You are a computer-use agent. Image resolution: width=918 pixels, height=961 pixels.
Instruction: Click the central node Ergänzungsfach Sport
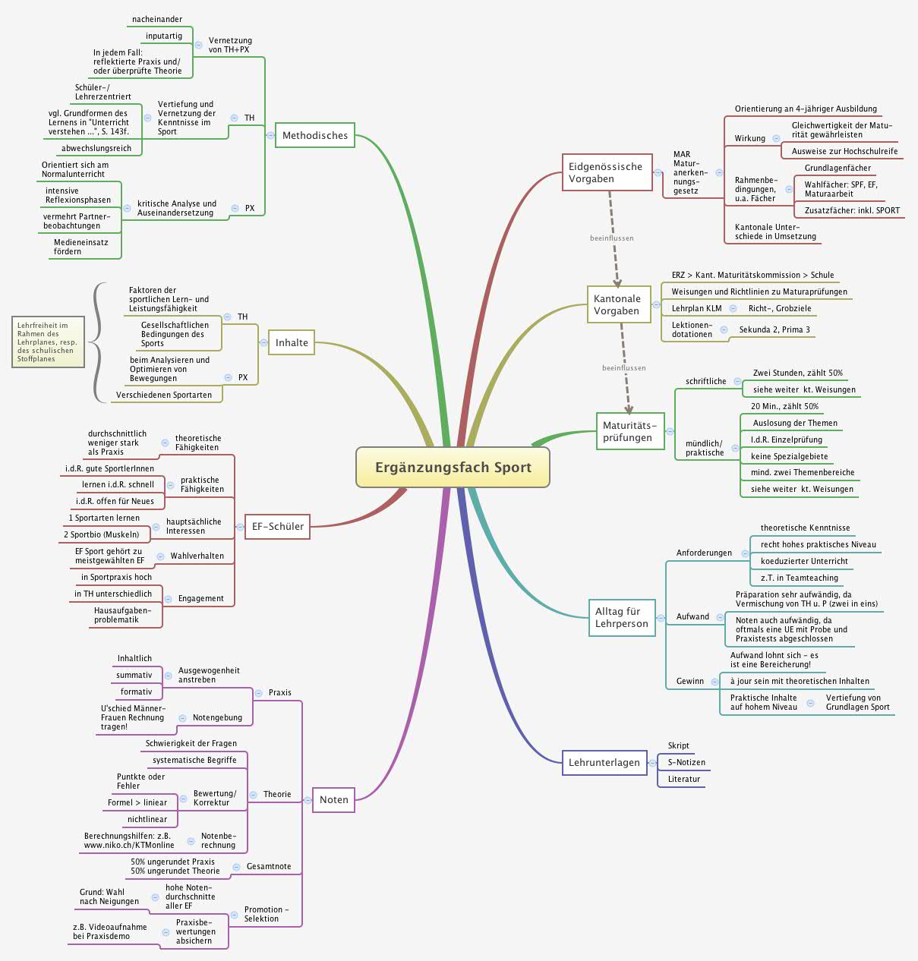(453, 467)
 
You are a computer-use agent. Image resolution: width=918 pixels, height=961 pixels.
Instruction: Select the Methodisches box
(314, 136)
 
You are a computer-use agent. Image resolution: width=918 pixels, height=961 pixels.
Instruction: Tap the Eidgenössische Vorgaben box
(607, 173)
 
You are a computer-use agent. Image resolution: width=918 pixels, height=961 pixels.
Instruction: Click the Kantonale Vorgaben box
(618, 304)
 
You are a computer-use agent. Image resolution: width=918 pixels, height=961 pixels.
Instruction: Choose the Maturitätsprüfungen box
(629, 432)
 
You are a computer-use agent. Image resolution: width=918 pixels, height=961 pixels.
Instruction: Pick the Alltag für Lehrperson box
(621, 617)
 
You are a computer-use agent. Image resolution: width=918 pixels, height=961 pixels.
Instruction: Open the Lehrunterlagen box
(604, 762)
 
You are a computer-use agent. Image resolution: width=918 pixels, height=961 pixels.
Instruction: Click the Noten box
(333, 799)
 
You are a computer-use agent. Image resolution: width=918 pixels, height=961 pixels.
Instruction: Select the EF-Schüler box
(277, 526)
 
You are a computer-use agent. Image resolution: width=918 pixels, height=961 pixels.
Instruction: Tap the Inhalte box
(292, 342)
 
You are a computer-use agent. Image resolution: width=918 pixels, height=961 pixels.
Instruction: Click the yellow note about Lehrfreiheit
(47, 342)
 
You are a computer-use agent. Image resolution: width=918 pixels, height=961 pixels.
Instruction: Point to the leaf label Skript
(678, 745)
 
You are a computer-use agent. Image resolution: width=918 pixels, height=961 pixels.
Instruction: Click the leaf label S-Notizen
(686, 762)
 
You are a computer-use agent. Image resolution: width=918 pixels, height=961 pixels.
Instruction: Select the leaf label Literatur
(683, 779)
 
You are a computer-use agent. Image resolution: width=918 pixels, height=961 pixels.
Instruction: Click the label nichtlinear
(147, 819)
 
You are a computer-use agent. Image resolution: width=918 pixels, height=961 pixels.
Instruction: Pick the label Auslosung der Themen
(795, 423)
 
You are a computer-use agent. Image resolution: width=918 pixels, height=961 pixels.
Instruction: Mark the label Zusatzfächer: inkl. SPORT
(852, 210)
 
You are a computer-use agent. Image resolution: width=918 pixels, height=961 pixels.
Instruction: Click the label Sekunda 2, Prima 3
(774, 329)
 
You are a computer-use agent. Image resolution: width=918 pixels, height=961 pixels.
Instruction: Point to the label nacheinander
(157, 19)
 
